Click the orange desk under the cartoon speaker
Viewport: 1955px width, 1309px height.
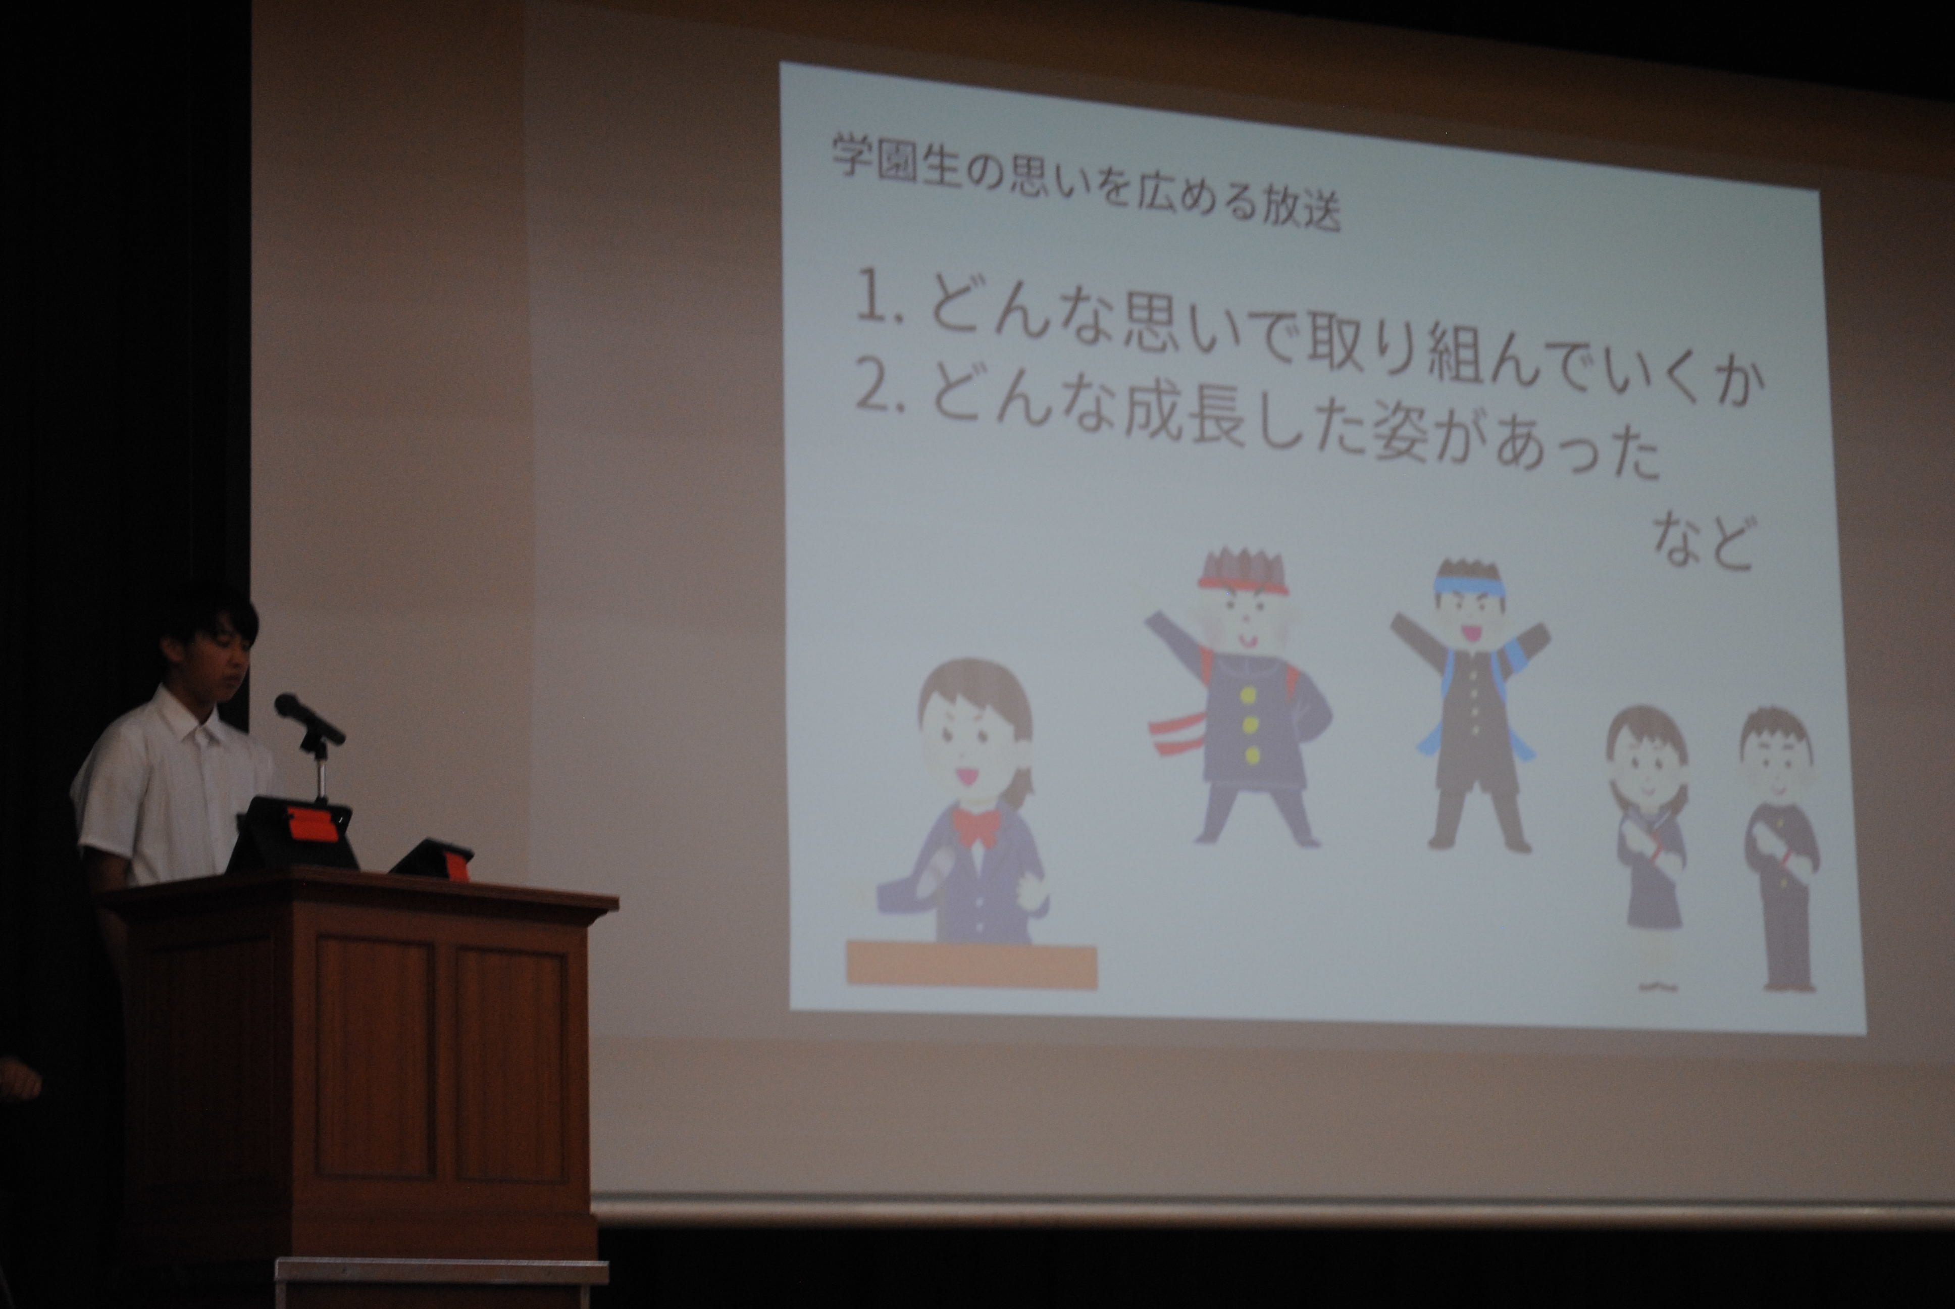pos(972,966)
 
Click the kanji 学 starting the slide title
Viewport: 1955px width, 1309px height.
pos(851,158)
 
